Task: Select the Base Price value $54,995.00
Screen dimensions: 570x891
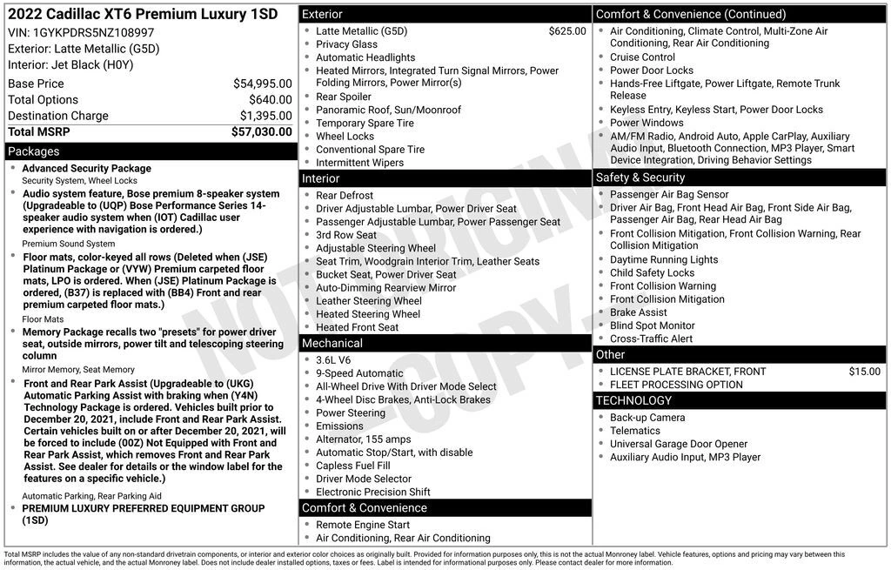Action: pos(262,84)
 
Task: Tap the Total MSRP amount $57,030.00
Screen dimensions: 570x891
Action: pos(261,131)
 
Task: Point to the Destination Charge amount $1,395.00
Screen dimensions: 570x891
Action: pos(265,116)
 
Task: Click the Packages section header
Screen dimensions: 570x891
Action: pos(34,151)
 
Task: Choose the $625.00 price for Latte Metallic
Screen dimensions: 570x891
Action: pos(567,31)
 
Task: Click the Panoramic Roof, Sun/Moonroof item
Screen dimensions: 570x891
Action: pos(388,110)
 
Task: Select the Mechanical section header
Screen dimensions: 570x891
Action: pos(332,344)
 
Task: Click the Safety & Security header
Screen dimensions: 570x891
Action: pos(640,178)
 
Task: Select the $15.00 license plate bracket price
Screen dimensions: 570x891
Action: pos(864,372)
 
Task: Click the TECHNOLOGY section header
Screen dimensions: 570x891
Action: pos(633,400)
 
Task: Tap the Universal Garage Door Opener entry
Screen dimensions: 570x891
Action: pos(679,444)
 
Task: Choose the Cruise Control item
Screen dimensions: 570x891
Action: pos(642,57)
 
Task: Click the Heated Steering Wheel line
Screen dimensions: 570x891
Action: pos(368,314)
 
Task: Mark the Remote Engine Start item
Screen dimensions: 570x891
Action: pos(363,525)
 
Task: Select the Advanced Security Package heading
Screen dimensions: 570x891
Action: pos(86,168)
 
